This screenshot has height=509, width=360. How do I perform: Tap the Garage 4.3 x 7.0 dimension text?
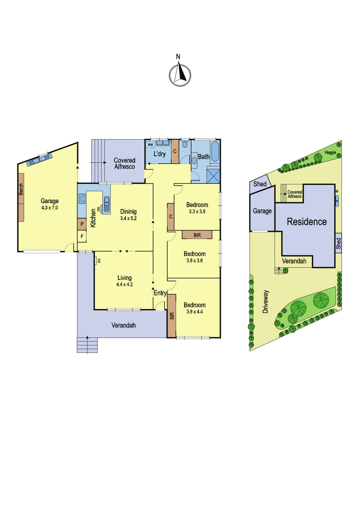pyautogui.click(x=49, y=207)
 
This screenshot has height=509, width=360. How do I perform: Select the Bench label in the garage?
pyautogui.click(x=21, y=189)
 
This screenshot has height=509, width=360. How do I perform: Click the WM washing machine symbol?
pyautogui.click(x=150, y=144)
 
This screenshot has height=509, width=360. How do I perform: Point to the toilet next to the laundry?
pyautogui.click(x=184, y=144)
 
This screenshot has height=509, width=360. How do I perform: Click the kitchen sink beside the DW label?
pyautogui.click(x=107, y=204)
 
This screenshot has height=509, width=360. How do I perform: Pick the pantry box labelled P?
pyautogui.click(x=82, y=224)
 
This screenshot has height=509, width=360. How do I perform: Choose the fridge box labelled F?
pyautogui.click(x=82, y=236)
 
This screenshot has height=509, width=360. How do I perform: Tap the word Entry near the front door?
pyautogui.click(x=160, y=293)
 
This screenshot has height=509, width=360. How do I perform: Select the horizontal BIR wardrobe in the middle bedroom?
pyautogui.click(x=197, y=235)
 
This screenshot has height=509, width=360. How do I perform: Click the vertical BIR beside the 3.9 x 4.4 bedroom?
pyautogui.click(x=172, y=316)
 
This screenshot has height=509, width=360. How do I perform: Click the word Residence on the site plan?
pyautogui.click(x=307, y=221)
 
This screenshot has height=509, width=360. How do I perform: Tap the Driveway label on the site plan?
pyautogui.click(x=266, y=302)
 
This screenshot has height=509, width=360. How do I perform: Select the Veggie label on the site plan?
pyautogui.click(x=330, y=152)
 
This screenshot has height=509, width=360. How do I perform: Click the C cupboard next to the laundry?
pyautogui.click(x=175, y=151)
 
